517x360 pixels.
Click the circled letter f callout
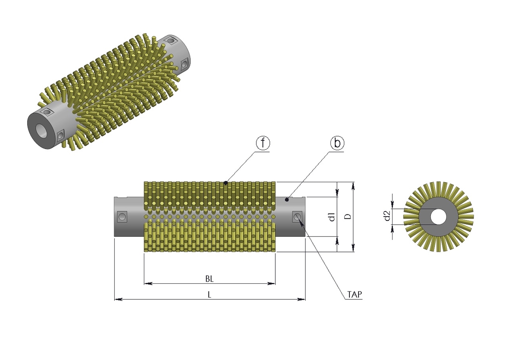(263, 143)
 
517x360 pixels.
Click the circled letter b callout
(337, 143)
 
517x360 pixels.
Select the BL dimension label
(209, 279)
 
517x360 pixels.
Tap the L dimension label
(209, 295)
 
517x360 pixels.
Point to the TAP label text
(355, 295)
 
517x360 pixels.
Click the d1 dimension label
(332, 217)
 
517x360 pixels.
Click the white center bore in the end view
(438, 217)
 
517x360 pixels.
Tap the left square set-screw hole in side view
(122, 217)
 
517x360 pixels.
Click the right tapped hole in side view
(297, 217)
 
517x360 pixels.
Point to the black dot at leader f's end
(226, 183)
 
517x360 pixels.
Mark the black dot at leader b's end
(287, 199)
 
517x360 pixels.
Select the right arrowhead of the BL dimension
(271, 283)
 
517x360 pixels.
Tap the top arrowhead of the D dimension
(353, 186)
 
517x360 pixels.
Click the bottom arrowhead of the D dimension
(353, 248)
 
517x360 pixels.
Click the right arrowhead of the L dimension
(302, 299)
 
